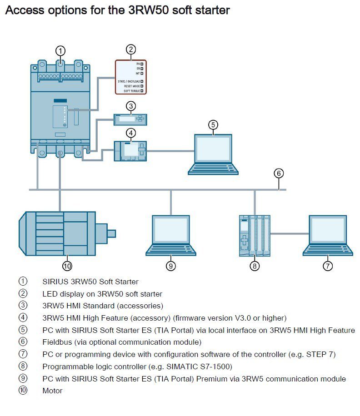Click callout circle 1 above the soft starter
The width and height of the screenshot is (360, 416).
tap(61, 50)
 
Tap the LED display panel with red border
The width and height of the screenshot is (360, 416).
tap(130, 77)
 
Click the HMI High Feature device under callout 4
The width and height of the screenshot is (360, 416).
tap(130, 150)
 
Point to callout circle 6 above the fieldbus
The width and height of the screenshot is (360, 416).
tap(279, 173)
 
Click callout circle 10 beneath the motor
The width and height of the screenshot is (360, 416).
tap(68, 266)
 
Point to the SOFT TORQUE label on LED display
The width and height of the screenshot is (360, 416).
tap(131, 91)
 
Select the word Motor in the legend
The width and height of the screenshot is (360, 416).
tap(52, 391)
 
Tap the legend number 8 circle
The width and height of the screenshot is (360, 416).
tap(23, 366)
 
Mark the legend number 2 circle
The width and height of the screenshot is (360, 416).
tap(23, 294)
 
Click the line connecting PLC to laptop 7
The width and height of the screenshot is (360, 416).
tap(290, 234)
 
